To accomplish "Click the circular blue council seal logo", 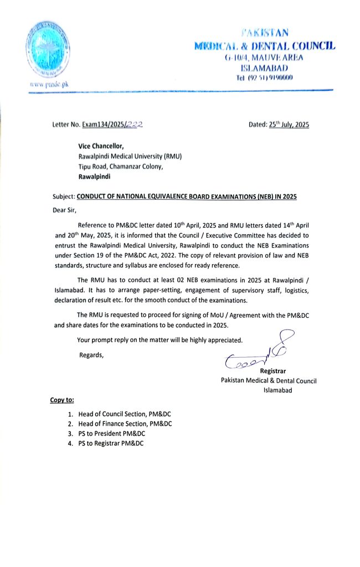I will coord(47,49).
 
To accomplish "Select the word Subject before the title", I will coord(61,197).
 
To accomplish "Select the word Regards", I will coord(91,354).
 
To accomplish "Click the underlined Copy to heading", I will coord(62,400).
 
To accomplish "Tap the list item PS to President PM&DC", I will coord(111,434).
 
